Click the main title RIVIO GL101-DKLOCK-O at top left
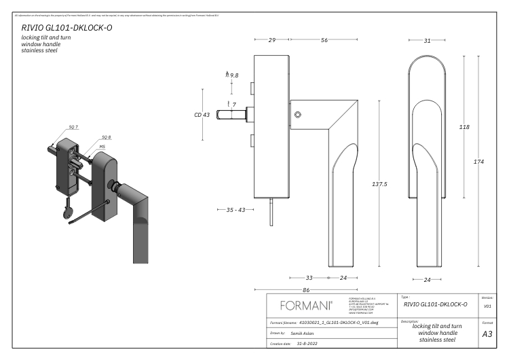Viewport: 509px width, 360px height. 66,29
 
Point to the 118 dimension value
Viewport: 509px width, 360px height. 464,127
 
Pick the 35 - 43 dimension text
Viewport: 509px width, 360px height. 235,210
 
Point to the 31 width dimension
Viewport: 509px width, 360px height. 427,41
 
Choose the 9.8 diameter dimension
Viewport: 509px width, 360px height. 233,75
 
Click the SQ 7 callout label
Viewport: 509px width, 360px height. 73,128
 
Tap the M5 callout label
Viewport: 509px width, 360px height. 102,145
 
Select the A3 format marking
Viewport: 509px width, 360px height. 487,334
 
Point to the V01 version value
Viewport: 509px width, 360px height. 487,306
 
